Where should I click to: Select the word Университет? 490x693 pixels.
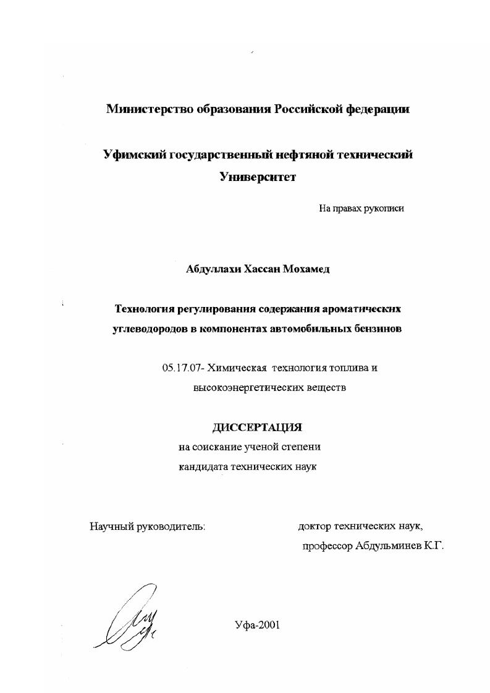258,177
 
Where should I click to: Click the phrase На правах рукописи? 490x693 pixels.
361,209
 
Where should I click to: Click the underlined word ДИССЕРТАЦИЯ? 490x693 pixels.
258,427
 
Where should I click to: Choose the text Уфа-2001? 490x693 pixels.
258,624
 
